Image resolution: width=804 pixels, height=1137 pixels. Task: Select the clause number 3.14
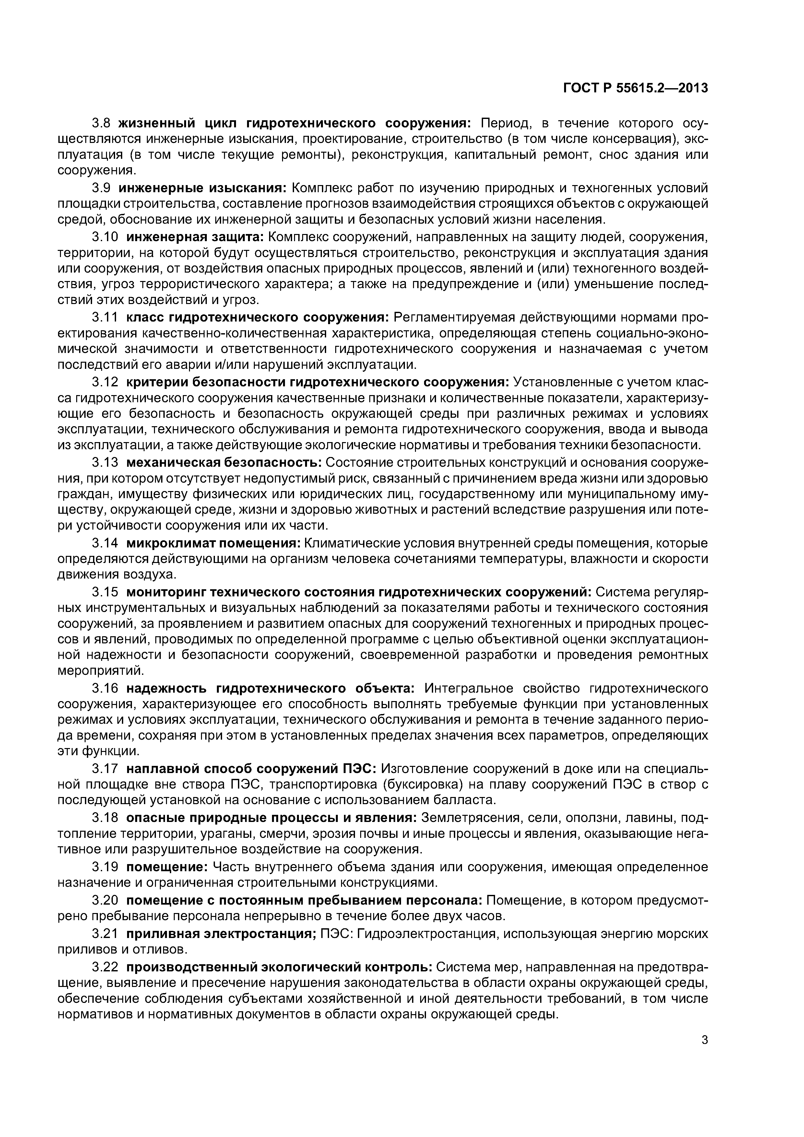tap(105, 543)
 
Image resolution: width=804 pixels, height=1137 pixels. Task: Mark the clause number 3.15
tap(105, 592)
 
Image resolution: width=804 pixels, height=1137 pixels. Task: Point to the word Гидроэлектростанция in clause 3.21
tap(427, 931)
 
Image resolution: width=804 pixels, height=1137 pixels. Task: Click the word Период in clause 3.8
tap(504, 123)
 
